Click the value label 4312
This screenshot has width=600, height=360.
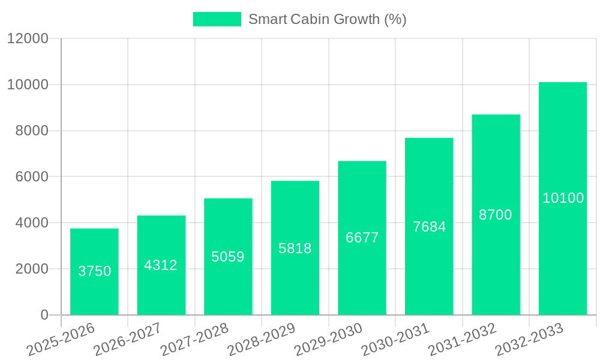(161, 265)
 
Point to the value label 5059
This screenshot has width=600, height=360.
(228, 257)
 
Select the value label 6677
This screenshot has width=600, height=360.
(362, 238)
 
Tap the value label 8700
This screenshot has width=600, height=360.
(496, 215)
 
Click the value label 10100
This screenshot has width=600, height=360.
(563, 198)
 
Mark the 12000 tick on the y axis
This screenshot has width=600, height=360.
(28, 38)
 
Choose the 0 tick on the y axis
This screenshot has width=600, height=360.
(44, 315)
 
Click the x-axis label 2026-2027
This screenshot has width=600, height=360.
(127, 339)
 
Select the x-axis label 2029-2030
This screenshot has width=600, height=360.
(328, 339)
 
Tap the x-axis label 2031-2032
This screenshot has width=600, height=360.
(462, 339)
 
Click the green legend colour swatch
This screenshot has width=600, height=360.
(217, 19)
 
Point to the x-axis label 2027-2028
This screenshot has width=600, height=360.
(194, 339)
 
